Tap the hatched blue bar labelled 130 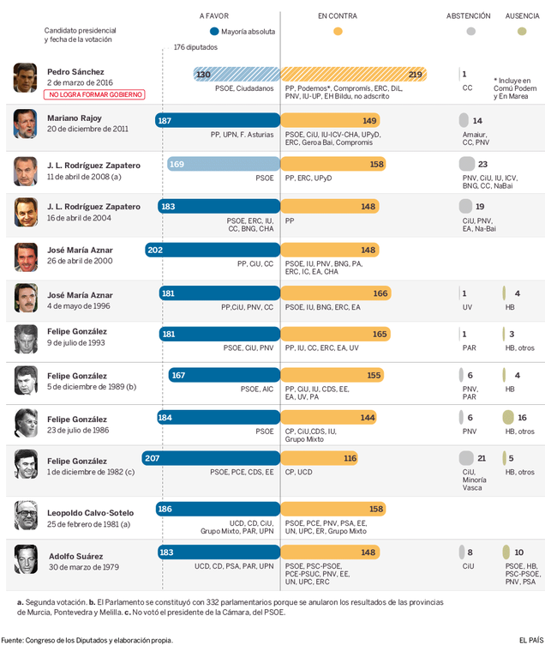[237, 75]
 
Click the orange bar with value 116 [320, 458]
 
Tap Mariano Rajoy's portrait [25, 124]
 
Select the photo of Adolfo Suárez [25, 558]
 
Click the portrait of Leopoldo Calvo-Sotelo [25, 515]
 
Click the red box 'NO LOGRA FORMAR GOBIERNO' [96, 95]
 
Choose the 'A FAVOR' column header [215, 15]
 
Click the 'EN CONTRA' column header [337, 15]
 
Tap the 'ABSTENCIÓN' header [468, 15]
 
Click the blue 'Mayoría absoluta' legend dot [214, 32]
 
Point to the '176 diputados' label [195, 47]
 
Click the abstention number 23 [482, 164]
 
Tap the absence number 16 [522, 418]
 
